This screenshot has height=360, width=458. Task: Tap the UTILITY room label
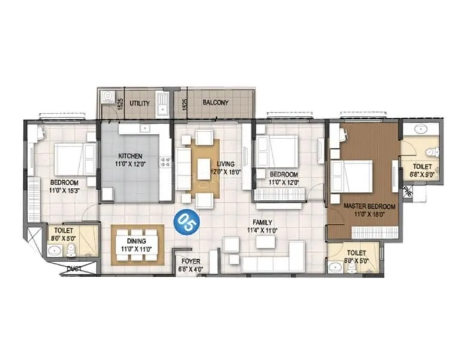(140, 104)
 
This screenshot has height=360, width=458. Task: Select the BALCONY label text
(215, 103)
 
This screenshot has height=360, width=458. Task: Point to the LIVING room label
(226, 163)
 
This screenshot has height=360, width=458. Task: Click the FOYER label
(191, 262)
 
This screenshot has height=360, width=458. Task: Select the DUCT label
(74, 269)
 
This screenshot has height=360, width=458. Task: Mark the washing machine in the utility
(108, 96)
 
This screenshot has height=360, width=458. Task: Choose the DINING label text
(137, 239)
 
